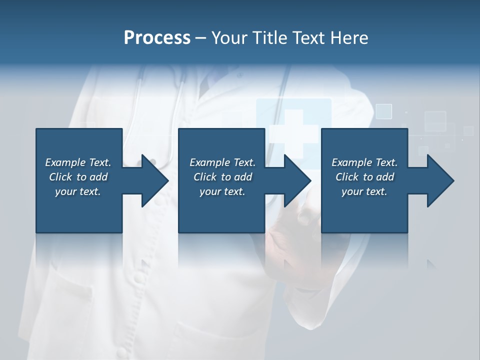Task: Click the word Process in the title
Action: pos(157,38)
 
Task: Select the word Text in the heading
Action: pos(310,38)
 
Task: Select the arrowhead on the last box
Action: pos(440,180)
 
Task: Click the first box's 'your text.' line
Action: pos(78,191)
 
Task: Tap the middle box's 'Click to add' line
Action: pos(222,177)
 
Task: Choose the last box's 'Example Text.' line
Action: pos(364,162)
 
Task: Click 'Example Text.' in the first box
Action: pos(78,162)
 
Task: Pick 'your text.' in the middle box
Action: pos(222,191)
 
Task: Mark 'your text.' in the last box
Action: pos(364,191)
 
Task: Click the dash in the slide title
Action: pos(200,38)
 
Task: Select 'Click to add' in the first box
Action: pos(78,177)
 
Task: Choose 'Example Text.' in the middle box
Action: pos(222,162)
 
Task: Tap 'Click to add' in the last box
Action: pos(364,177)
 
